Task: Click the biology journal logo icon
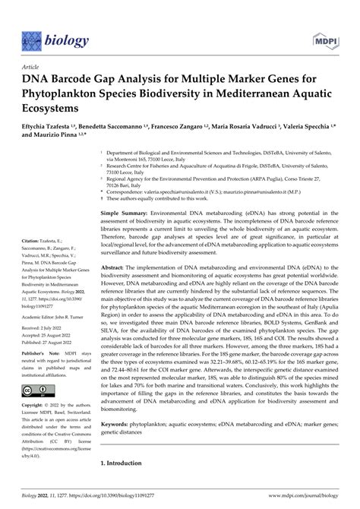pos(31,39)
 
